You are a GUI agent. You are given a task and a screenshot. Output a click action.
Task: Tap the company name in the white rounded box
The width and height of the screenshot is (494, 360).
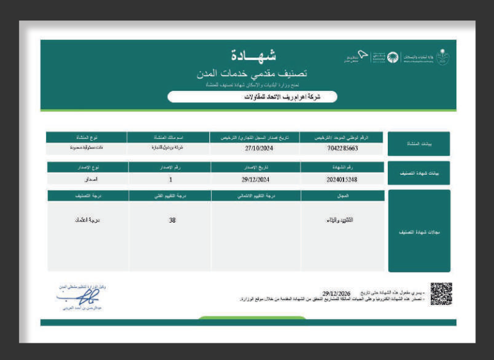(x=251, y=97)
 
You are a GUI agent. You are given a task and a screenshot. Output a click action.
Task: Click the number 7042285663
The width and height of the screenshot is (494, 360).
(x=342, y=148)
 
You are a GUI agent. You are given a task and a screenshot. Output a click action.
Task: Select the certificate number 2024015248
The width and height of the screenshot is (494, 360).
(x=342, y=180)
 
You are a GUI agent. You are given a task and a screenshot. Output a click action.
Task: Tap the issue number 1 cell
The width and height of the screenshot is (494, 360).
(x=170, y=180)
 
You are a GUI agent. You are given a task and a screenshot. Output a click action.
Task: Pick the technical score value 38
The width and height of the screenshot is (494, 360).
(x=171, y=220)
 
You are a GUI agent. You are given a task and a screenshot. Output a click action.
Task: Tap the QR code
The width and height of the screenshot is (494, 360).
(x=441, y=292)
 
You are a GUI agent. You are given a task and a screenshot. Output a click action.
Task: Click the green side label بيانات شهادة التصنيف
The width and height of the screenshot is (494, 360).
(x=418, y=173)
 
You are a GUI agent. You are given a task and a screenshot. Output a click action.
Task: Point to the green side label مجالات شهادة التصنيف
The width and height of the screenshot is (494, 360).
(x=418, y=231)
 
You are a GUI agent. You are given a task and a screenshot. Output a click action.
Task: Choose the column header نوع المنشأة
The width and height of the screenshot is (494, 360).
(x=84, y=137)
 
